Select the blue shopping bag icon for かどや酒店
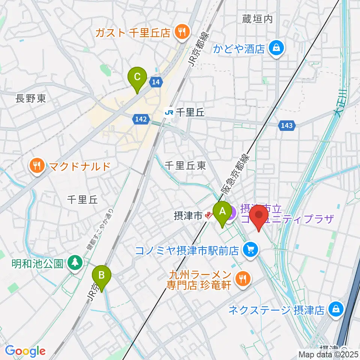click(276, 48)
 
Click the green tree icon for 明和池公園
click(75, 262)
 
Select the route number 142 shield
click(139, 119)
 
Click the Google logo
click(25, 351)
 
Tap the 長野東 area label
click(31, 99)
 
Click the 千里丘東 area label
click(185, 166)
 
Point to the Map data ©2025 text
click(328, 354)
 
